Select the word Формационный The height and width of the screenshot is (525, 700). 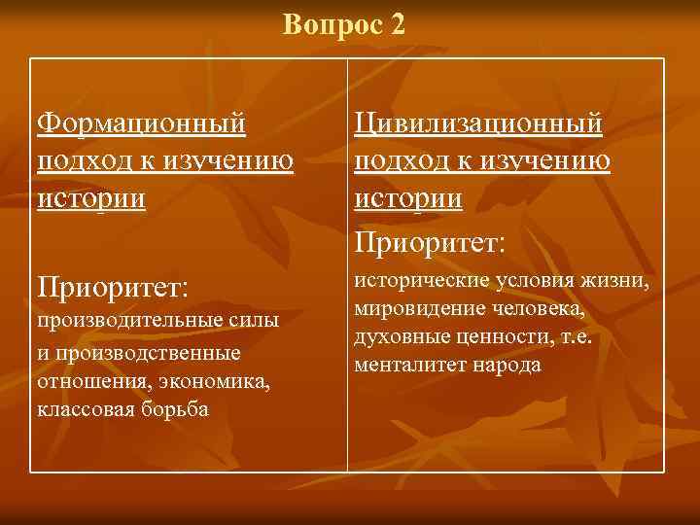140,123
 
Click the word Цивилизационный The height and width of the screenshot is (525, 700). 478,123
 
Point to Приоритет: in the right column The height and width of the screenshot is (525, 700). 430,239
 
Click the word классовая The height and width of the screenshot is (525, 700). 83,409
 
